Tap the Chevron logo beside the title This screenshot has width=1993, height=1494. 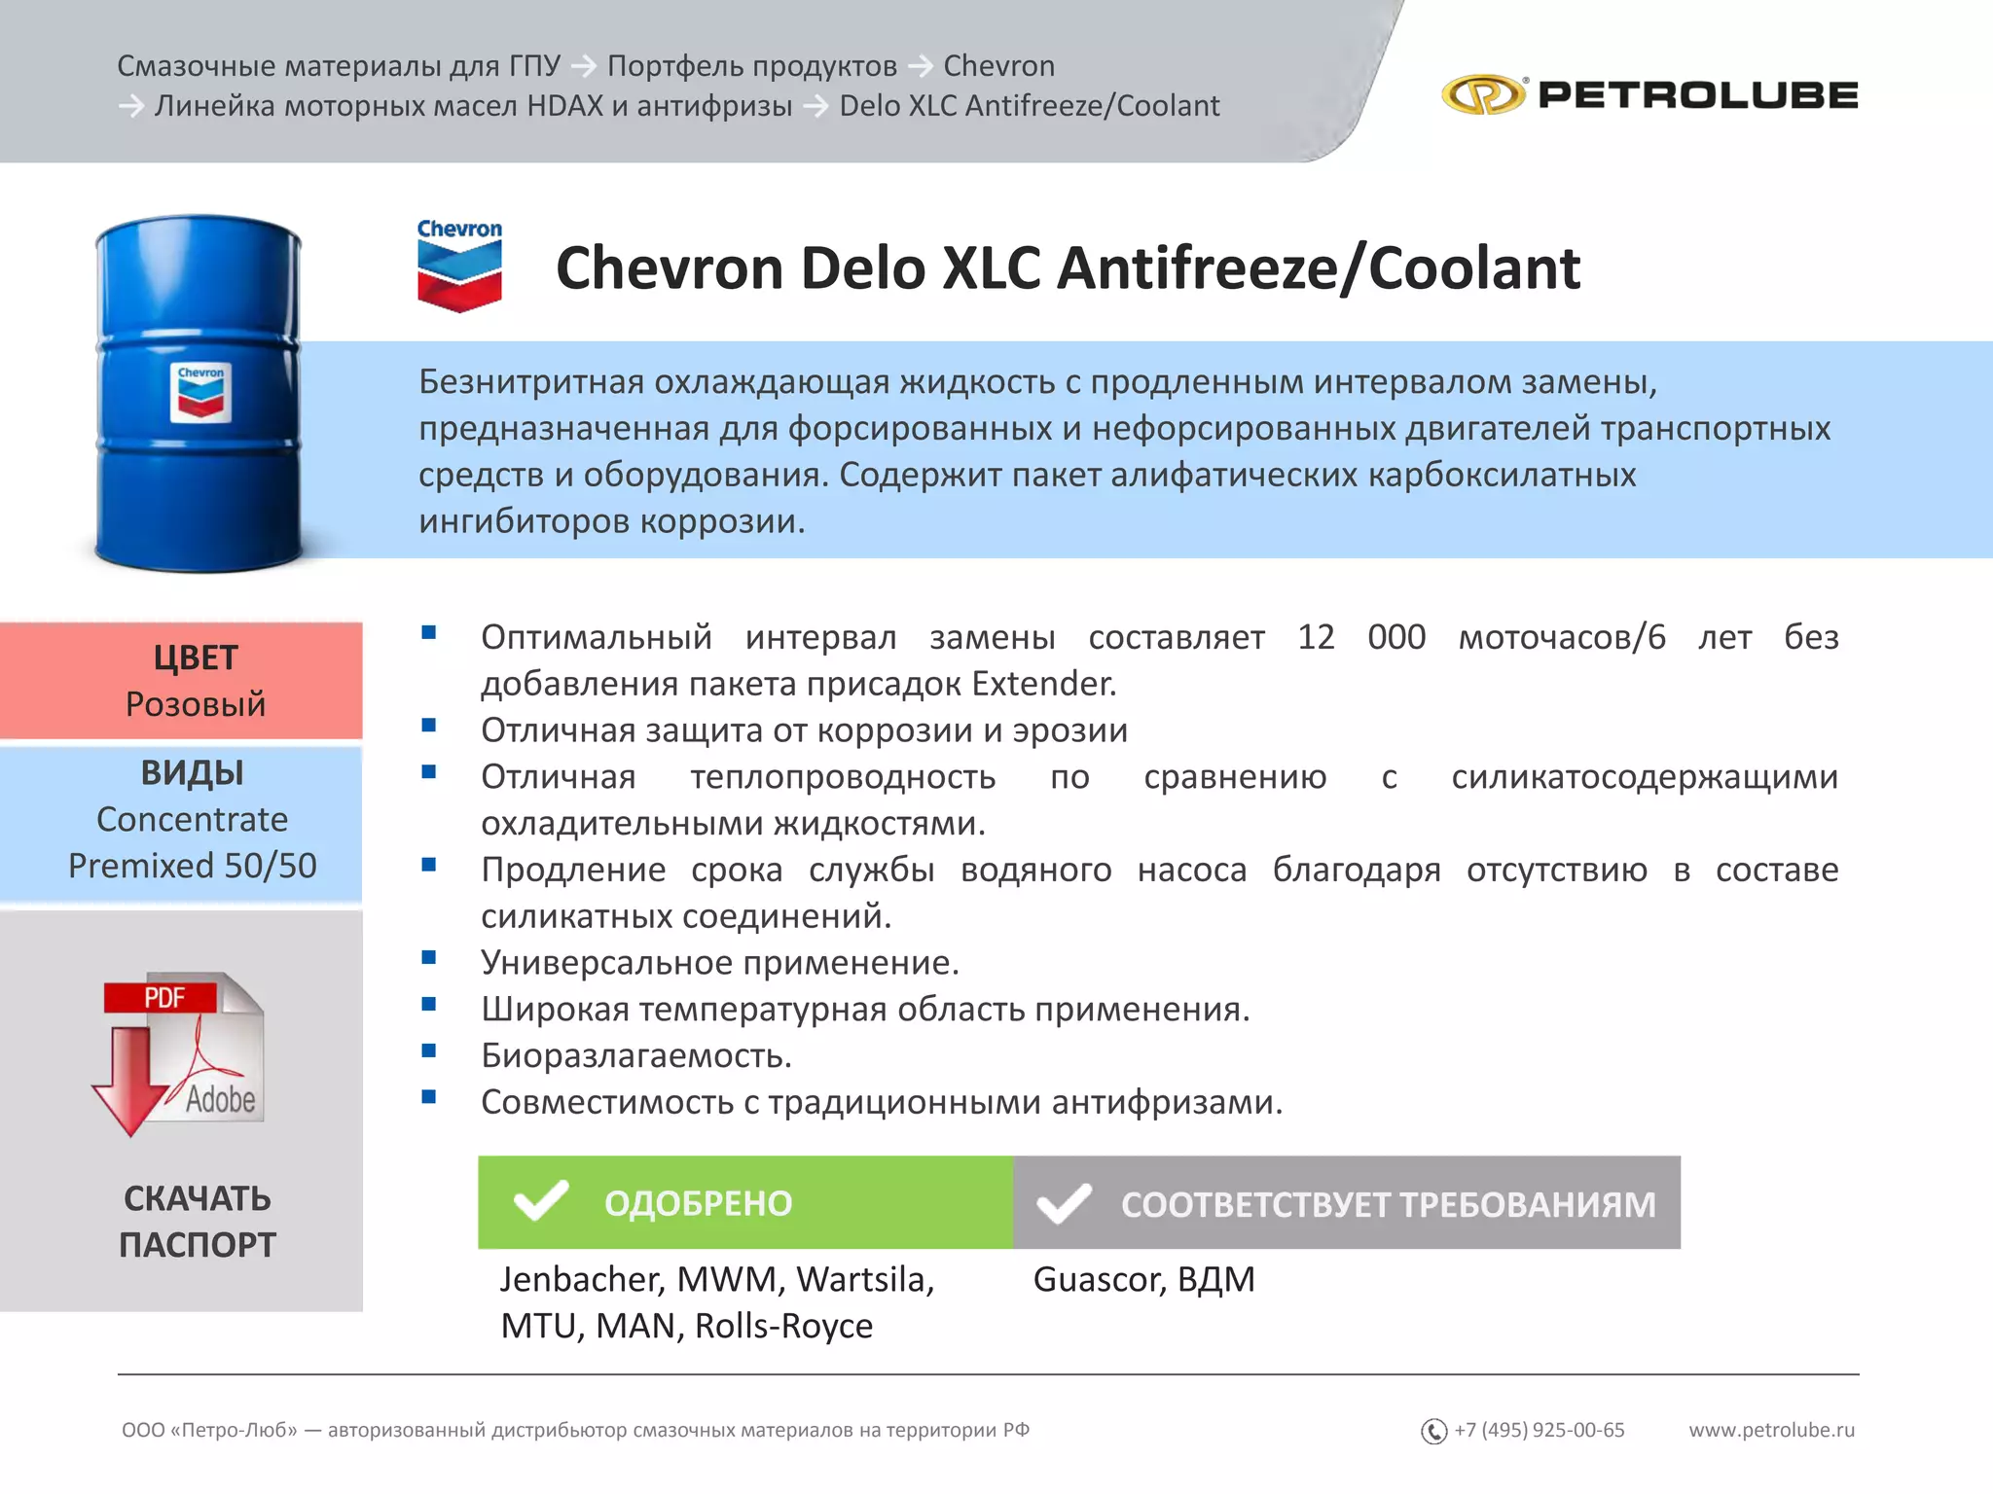tap(459, 266)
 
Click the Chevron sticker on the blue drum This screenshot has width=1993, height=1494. tap(200, 393)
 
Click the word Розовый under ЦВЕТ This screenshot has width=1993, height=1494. tap(196, 704)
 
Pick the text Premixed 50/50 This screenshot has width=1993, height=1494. tap(193, 866)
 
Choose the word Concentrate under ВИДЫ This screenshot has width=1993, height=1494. tap(193, 819)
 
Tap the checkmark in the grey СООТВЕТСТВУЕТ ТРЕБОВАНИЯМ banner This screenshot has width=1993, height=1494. tap(1064, 1203)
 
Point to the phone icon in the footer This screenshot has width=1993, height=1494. tap(1433, 1431)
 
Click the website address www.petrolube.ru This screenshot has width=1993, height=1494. tap(1771, 1430)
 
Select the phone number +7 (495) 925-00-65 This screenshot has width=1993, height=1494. tap(1540, 1430)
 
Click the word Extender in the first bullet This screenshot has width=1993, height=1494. tap(1043, 684)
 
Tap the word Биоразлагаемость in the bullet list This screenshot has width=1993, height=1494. tap(636, 1055)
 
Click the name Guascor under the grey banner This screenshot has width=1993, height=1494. tap(1098, 1279)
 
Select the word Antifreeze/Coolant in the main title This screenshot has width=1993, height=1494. tap(1319, 268)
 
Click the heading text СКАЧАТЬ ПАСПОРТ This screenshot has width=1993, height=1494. tap(198, 1222)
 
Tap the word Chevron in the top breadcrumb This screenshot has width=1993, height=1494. tap(999, 65)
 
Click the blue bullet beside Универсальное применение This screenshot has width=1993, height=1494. tap(429, 958)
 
